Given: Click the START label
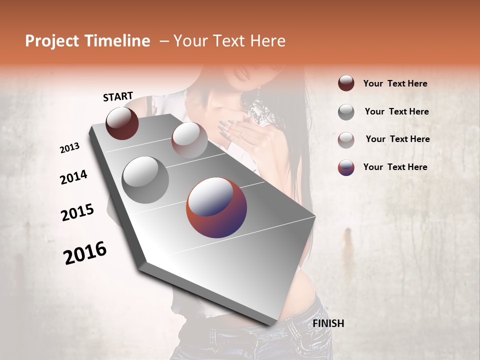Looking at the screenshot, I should pos(118,96).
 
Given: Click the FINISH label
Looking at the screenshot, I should pos(328,323).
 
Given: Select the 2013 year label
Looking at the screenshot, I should pos(70,148).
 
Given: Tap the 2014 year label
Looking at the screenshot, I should pos(73,177).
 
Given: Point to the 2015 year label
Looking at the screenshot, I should pos(77,212).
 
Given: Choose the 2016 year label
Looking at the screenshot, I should pos(85,252).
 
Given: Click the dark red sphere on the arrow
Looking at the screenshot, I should pos(122,123).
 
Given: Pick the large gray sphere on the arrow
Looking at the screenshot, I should pos(145,180).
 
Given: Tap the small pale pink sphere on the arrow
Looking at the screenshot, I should pos(189,140).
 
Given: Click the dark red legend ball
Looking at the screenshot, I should pos(346,83).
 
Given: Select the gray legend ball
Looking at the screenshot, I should pos(346,112).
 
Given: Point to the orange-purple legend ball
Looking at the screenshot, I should pos(346,167).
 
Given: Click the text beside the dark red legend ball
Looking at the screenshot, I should pos(395,83).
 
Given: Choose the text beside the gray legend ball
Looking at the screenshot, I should pos(396,111).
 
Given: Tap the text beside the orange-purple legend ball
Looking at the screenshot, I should pos(395,167).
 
